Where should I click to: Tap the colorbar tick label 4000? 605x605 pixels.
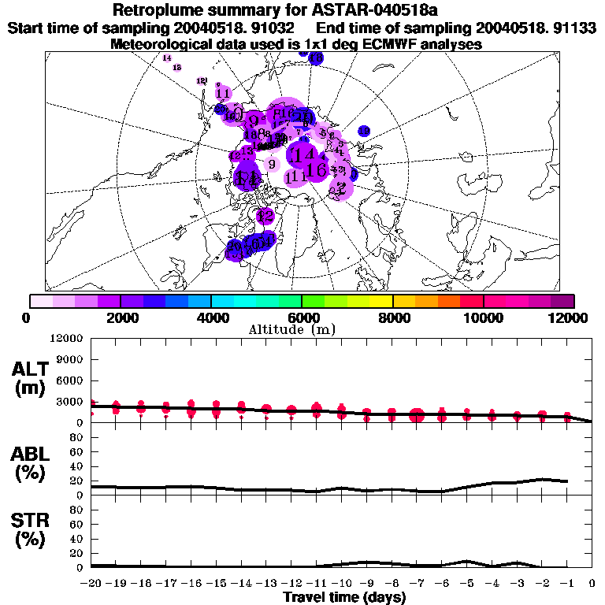click(211, 317)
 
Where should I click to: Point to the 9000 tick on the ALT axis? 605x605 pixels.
click(69, 359)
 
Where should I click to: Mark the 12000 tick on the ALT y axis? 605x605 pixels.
click(66, 339)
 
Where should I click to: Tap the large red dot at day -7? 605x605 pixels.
click(417, 416)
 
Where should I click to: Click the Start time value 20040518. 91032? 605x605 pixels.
click(234, 28)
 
